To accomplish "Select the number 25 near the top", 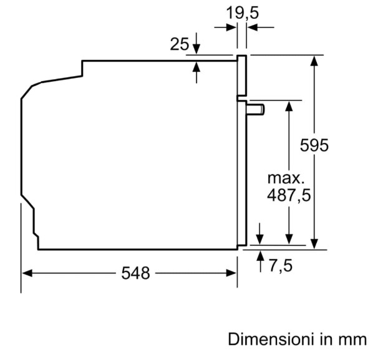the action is pyautogui.click(x=180, y=44).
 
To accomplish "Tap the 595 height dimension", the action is pyautogui.click(x=314, y=145).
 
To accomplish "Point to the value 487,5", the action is pyautogui.click(x=289, y=195).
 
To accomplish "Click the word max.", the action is pyautogui.click(x=286, y=178).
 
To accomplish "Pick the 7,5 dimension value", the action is pyautogui.click(x=281, y=266).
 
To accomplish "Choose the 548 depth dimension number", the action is pyautogui.click(x=135, y=273).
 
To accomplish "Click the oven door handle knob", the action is pyautogui.click(x=255, y=109).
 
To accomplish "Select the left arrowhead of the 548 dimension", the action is pyautogui.click(x=27, y=273).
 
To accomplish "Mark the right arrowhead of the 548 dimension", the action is pyautogui.click(x=231, y=273).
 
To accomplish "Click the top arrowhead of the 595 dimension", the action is pyautogui.click(x=314, y=61).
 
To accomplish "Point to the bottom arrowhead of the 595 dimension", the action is pyautogui.click(x=314, y=244).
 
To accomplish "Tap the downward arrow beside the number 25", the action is pyautogui.click(x=196, y=44).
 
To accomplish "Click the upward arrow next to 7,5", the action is pyautogui.click(x=260, y=261).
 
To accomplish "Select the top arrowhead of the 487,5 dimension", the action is pyautogui.click(x=289, y=106).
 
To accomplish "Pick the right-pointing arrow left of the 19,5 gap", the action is pyautogui.click(x=225, y=27).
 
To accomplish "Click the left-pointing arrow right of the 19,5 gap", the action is pyautogui.click(x=261, y=27).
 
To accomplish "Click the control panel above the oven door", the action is pyautogui.click(x=242, y=75).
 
